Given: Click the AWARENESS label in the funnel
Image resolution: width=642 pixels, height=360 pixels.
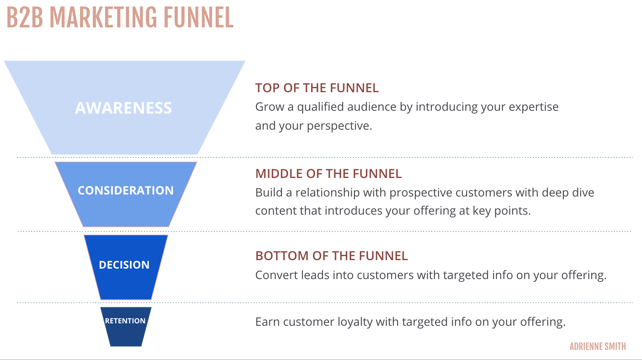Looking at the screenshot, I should click(x=123, y=108).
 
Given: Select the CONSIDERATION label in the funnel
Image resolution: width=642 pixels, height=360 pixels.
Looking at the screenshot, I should click(x=126, y=190).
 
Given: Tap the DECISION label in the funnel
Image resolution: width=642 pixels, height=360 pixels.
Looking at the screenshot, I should click(x=124, y=265).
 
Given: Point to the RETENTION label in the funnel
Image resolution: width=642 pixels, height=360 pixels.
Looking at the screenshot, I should click(x=125, y=321).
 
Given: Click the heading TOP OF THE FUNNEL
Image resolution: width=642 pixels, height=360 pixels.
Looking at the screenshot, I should click(x=317, y=88).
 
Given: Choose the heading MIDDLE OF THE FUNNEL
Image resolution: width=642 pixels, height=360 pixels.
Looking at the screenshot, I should click(x=328, y=174).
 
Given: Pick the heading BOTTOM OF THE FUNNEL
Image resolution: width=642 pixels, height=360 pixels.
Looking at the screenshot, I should click(x=331, y=256).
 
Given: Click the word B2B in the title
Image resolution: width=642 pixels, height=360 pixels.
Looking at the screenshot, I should click(x=25, y=18).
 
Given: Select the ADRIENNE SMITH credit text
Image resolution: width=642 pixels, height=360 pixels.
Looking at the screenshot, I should click(x=598, y=346).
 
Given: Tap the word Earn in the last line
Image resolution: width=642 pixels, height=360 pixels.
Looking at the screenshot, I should click(x=267, y=322).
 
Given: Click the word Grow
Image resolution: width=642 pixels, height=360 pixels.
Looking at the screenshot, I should click(x=269, y=107).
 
